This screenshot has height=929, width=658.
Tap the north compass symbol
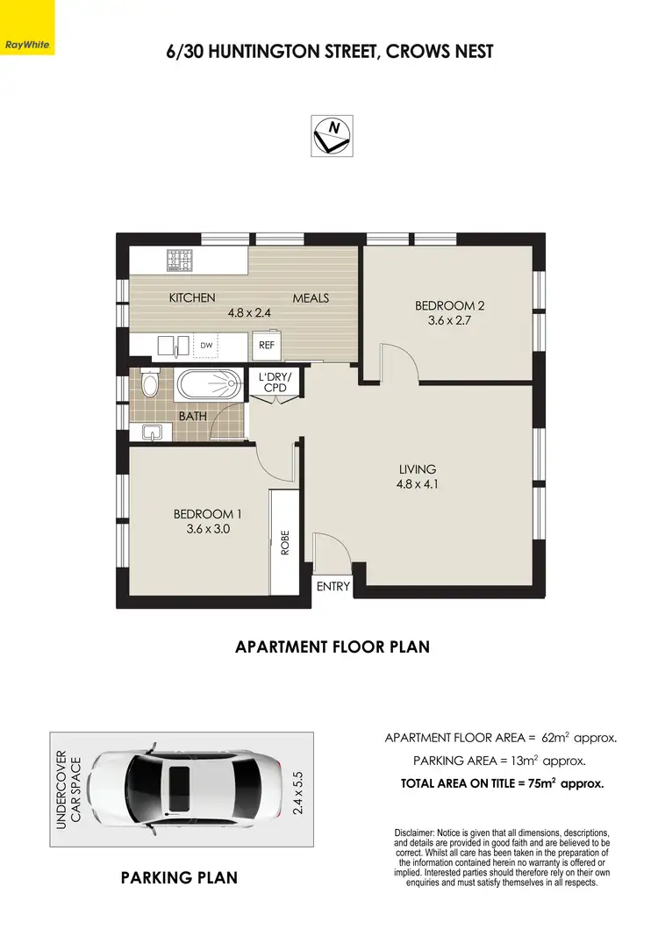tap(333, 136)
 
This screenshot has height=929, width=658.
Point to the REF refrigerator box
tap(267, 345)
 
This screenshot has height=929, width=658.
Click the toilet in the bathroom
tap(150, 383)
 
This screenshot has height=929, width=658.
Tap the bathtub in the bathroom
tap(209, 384)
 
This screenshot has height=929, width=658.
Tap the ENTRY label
tap(333, 587)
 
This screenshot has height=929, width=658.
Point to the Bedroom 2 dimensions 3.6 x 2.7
tap(449, 321)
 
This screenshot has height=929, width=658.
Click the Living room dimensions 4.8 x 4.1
tap(417, 484)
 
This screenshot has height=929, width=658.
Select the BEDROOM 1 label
tap(208, 514)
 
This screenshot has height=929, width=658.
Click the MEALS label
tap(311, 298)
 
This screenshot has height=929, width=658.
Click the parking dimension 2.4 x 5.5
tap(299, 789)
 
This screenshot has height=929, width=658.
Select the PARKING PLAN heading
tap(179, 877)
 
